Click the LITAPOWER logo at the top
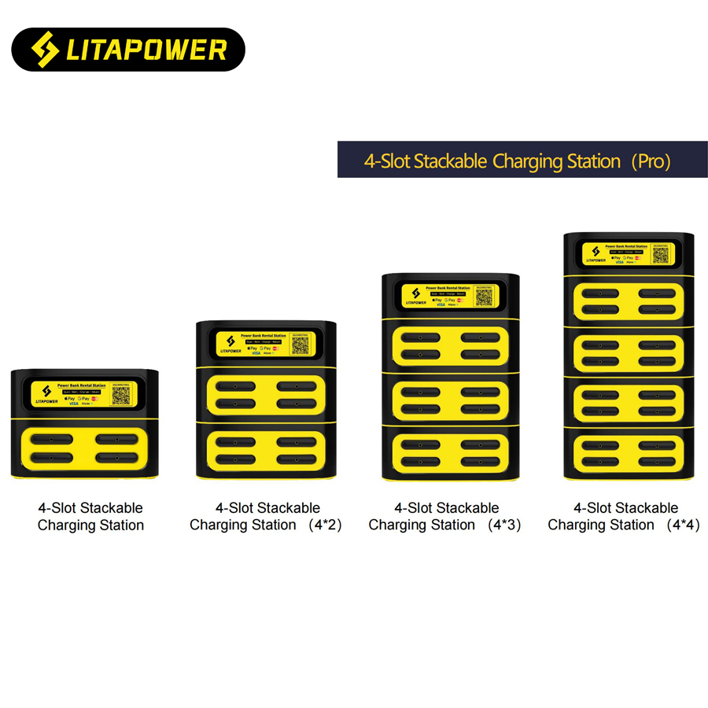pyautogui.click(x=128, y=50)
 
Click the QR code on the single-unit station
pyautogui.click(x=120, y=395)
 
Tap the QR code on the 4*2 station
pyautogui.click(x=299, y=345)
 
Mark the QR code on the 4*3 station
pyautogui.click(x=483, y=297)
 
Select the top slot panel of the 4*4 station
pyautogui.click(x=628, y=301)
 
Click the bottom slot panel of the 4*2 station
pyautogui.click(x=266, y=452)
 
